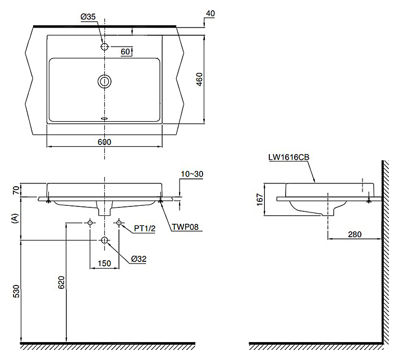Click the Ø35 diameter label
pos(88,17)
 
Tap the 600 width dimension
pos(104,142)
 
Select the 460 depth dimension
pos(200,79)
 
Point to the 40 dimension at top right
pos(210,13)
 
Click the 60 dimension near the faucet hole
pos(125,52)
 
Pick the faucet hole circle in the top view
pos(104,47)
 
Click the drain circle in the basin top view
pos(104,81)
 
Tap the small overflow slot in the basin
pos(104,118)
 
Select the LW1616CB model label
pos(289,158)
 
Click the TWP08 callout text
pos(185,227)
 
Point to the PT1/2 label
pos(145,228)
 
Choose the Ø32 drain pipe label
pos(139,259)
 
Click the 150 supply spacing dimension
pos(104,264)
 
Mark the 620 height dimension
pos(61,282)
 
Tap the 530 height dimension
pos(16,292)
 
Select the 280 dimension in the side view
pos(355,234)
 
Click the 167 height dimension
pos(259,200)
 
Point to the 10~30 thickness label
pos(192,174)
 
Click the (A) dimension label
pos(15,219)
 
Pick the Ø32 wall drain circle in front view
pos(104,240)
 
